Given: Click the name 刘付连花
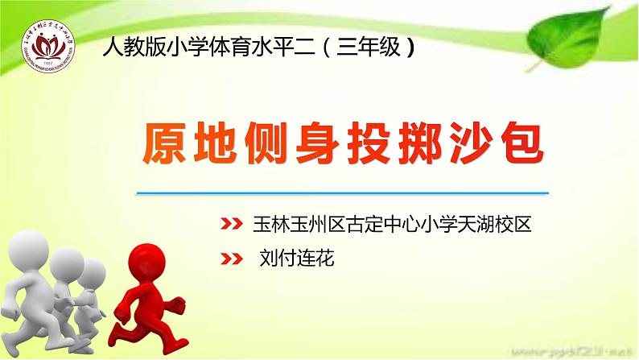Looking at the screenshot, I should [295, 259].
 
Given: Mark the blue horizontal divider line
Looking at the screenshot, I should [342, 193].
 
